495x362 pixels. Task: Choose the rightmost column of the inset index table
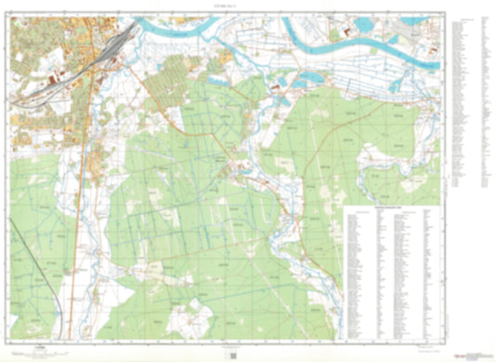428,274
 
